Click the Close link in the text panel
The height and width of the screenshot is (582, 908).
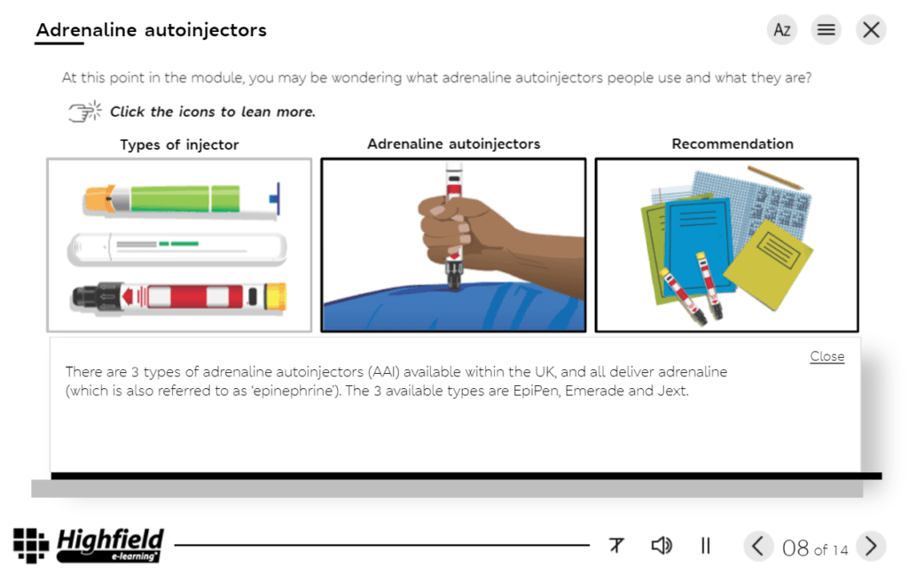pyautogui.click(x=826, y=356)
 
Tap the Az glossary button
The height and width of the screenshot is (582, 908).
pyautogui.click(x=782, y=30)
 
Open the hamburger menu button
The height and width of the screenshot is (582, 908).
pyautogui.click(x=826, y=30)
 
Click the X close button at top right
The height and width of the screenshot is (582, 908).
pyautogui.click(x=871, y=30)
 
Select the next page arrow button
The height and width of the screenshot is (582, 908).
pyautogui.click(x=871, y=546)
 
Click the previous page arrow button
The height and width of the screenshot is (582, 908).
pyautogui.click(x=756, y=546)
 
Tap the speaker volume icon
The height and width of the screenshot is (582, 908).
pyautogui.click(x=661, y=546)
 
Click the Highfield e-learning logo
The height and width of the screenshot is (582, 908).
pyautogui.click(x=89, y=545)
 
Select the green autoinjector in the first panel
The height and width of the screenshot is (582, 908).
pyautogui.click(x=177, y=198)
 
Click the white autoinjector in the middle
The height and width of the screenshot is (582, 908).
pyautogui.click(x=177, y=248)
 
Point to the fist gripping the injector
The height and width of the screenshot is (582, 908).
pyautogui.click(x=461, y=226)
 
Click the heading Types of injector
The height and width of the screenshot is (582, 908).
pyautogui.click(x=179, y=145)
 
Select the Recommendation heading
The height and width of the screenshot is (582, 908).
pyautogui.click(x=732, y=144)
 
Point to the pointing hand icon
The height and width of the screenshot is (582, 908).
pyautogui.click(x=85, y=113)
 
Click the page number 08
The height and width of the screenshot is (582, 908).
pyautogui.click(x=795, y=548)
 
